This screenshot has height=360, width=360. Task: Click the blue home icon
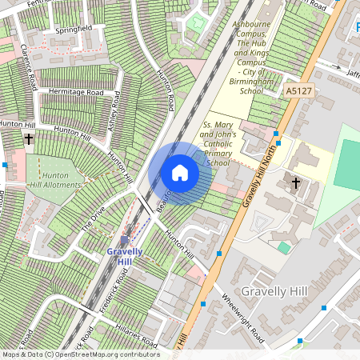180,173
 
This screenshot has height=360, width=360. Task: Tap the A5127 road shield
298,92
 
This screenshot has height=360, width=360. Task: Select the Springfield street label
74,29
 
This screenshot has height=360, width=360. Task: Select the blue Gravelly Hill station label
125,257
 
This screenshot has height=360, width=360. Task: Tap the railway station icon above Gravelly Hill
125,240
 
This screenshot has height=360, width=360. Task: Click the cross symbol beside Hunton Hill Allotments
29,139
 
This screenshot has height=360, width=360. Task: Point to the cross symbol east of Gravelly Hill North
295,183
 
